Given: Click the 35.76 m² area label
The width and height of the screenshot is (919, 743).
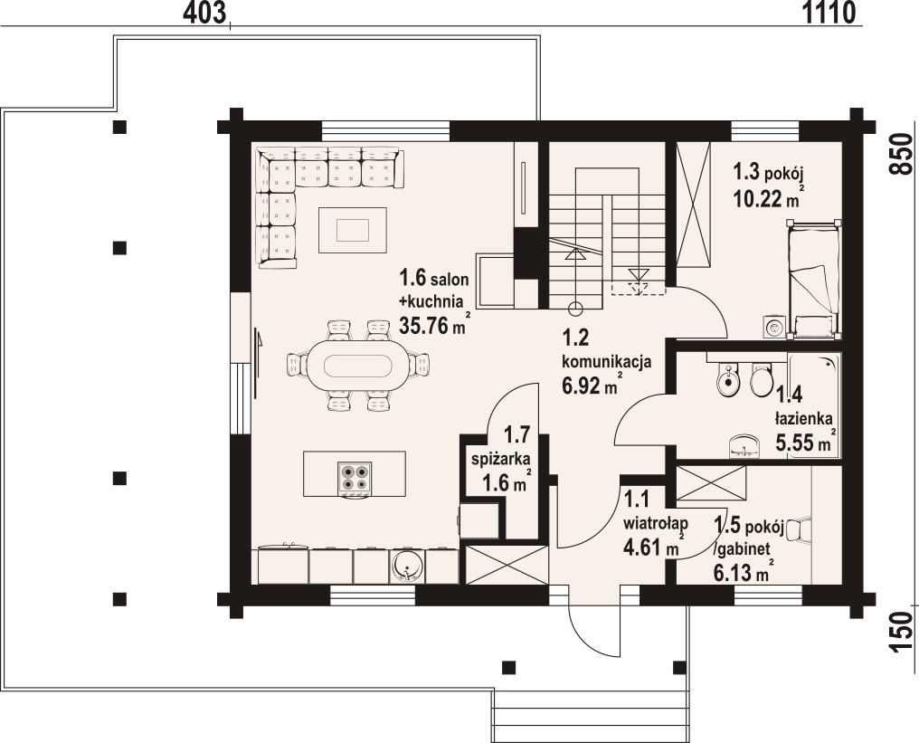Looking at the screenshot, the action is (x=433, y=324).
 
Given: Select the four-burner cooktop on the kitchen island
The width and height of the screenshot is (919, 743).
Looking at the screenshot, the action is (x=355, y=477).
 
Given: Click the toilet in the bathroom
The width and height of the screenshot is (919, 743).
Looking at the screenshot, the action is (x=762, y=381).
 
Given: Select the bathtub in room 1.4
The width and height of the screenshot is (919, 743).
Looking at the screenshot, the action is (x=814, y=405).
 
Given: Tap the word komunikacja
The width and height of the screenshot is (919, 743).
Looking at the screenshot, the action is (x=607, y=361).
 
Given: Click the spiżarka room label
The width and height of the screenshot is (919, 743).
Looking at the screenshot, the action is (x=501, y=459).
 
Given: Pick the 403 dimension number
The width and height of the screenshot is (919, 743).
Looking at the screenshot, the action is (x=204, y=13).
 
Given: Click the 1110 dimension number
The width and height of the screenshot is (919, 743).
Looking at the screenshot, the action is (x=829, y=13).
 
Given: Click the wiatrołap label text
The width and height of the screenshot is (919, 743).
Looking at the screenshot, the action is (x=655, y=522).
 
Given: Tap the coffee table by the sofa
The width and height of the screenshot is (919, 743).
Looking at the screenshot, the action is (x=352, y=230).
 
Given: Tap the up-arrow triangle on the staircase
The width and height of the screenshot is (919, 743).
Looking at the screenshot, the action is (x=575, y=254).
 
